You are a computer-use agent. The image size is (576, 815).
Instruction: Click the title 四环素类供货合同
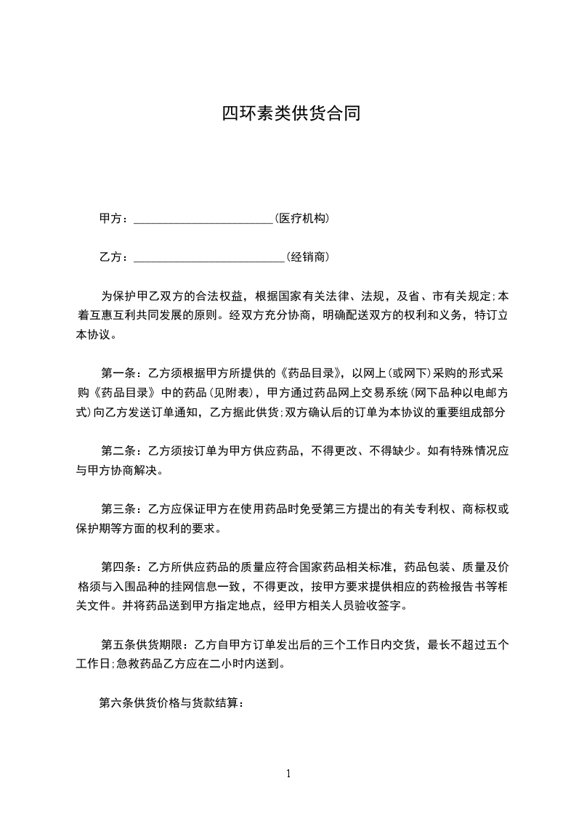[291, 114]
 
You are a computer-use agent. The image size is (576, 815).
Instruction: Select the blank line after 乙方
[209, 257]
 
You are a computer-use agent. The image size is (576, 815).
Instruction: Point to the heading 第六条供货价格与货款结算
[171, 702]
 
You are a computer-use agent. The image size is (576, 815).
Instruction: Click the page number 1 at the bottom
[288, 774]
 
